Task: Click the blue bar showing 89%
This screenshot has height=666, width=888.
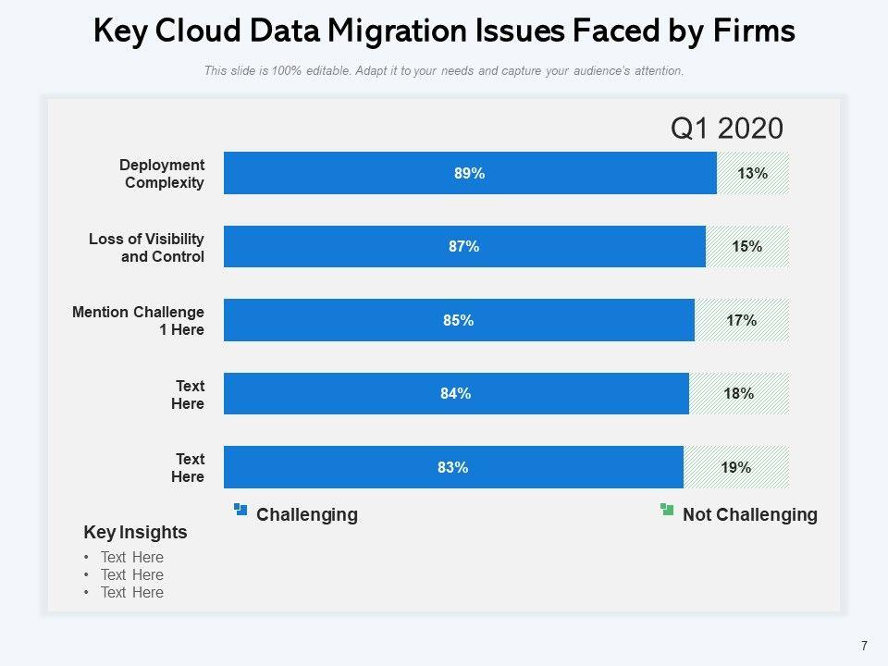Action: (x=470, y=173)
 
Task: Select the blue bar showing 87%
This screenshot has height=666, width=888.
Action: (x=464, y=246)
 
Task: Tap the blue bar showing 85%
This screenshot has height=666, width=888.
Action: (x=459, y=320)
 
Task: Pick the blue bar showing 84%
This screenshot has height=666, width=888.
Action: (x=456, y=393)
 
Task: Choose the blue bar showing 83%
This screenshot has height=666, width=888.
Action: (x=453, y=467)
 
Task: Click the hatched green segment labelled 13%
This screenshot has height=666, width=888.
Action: (x=753, y=173)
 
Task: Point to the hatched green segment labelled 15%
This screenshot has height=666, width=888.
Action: (x=747, y=246)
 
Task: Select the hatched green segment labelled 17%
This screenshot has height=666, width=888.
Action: (x=742, y=320)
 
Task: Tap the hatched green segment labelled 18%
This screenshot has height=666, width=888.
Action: (x=739, y=393)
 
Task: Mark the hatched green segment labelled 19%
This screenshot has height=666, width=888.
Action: (x=736, y=467)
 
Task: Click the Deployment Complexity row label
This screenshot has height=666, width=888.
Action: (x=162, y=174)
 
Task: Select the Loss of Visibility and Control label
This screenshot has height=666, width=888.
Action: (x=146, y=248)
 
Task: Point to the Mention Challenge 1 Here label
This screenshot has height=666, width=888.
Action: (x=138, y=321)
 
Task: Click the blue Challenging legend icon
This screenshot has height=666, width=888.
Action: (x=241, y=509)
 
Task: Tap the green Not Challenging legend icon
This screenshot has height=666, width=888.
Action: (x=667, y=509)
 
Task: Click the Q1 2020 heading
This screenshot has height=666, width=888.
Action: (x=727, y=129)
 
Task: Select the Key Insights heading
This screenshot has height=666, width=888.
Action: (x=135, y=533)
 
